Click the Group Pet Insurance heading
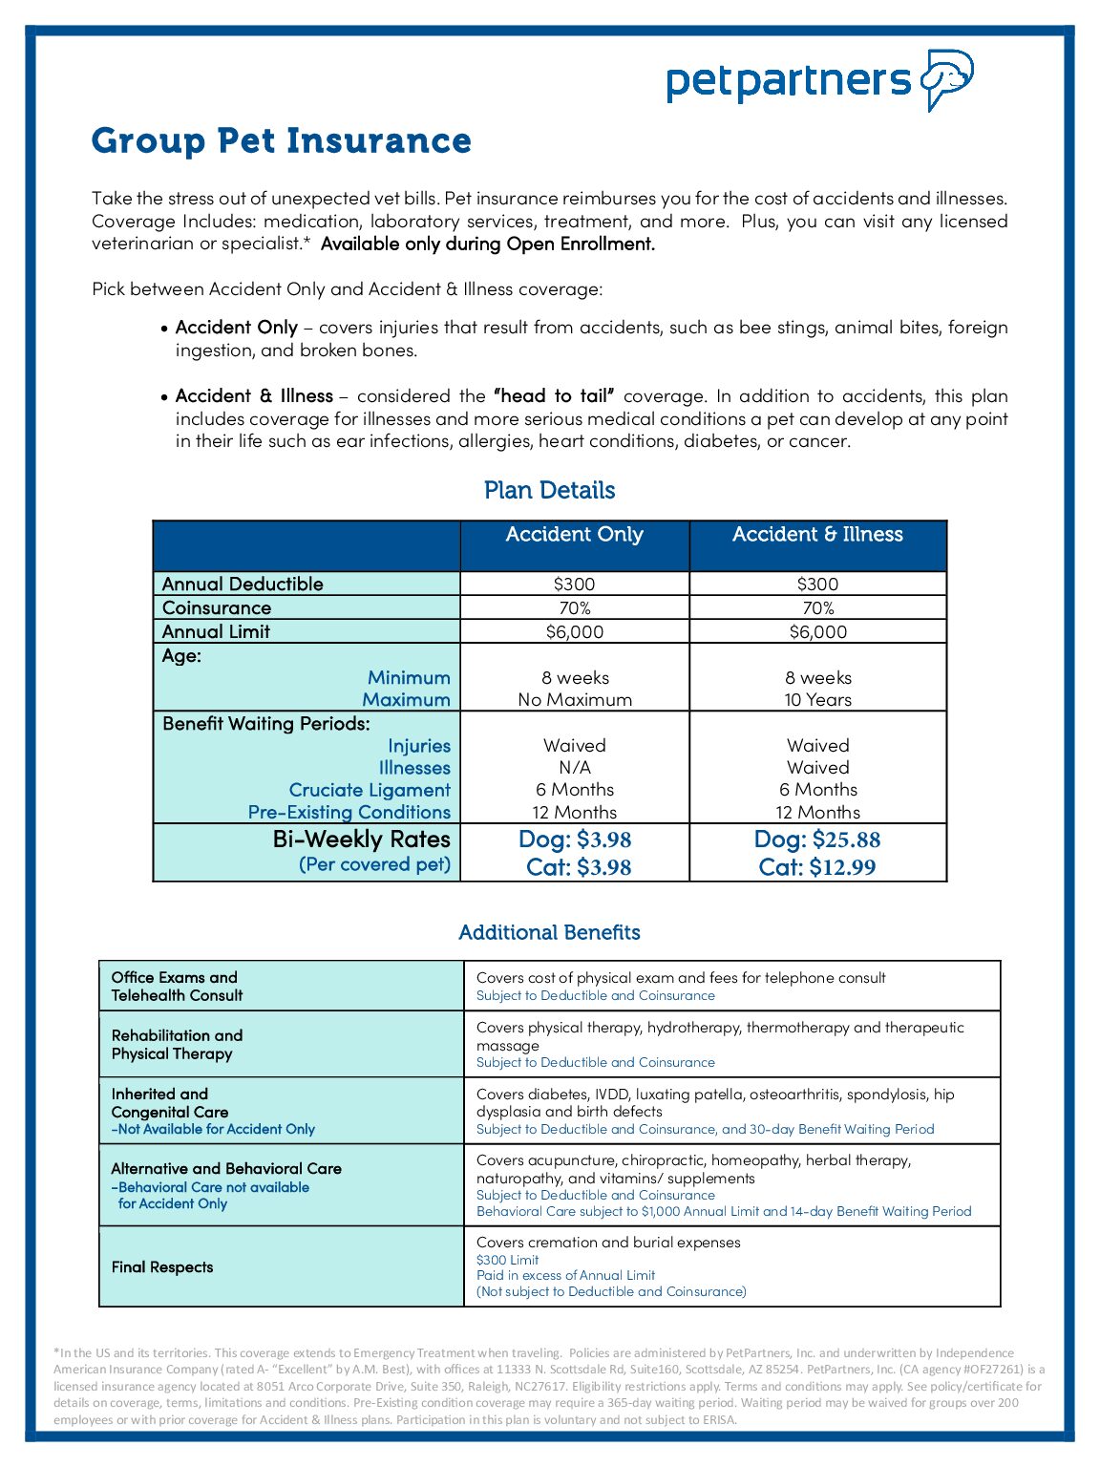[x=282, y=140]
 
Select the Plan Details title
[x=549, y=490]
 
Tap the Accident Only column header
[x=574, y=535]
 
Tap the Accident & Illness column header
[x=817, y=535]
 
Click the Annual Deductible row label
[x=243, y=584]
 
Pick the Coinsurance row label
[x=217, y=607]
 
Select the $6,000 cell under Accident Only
[x=574, y=631]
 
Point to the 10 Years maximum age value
[x=817, y=699]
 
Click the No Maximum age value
[x=574, y=699]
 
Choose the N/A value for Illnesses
[x=574, y=767]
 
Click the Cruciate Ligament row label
[x=370, y=790]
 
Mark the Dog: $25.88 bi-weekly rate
[x=817, y=840]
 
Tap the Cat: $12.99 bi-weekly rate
[x=817, y=867]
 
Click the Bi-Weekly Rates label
[x=361, y=840]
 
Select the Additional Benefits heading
[x=549, y=932]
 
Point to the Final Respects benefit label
[x=162, y=1267]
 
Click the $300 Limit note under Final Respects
[x=508, y=1260]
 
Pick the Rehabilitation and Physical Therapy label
[x=177, y=1044]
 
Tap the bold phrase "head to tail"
[x=554, y=396]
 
